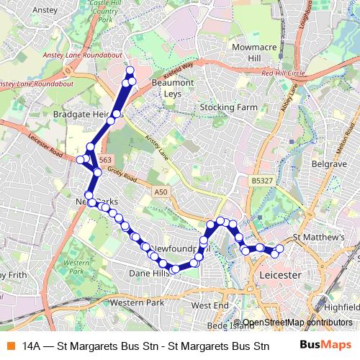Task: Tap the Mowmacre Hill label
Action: pos(241,53)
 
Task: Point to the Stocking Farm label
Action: pos(228,107)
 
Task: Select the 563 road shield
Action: pos(105,160)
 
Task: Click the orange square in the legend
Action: pos(10,346)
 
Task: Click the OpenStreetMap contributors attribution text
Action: pos(297,323)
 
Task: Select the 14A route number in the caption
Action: pos(31,346)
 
